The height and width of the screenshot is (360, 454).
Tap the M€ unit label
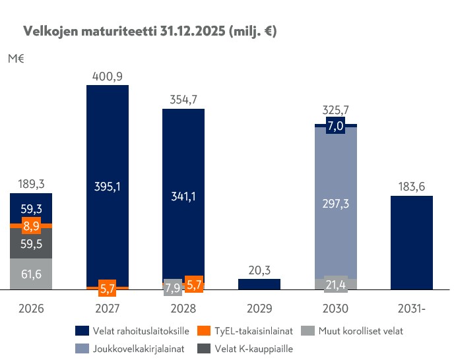(x=16, y=59)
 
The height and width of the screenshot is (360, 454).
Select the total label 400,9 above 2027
(x=108, y=76)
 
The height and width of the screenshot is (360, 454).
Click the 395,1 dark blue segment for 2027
(x=108, y=187)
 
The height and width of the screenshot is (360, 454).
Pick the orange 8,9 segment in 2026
(x=32, y=225)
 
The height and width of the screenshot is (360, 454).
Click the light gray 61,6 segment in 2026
(x=32, y=274)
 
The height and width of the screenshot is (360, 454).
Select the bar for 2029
(x=259, y=284)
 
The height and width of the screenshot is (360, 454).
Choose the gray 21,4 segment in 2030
(x=336, y=284)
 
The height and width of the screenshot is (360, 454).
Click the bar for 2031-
(x=412, y=243)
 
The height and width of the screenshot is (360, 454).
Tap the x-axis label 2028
(x=183, y=308)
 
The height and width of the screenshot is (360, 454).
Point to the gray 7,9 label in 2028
(x=172, y=287)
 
